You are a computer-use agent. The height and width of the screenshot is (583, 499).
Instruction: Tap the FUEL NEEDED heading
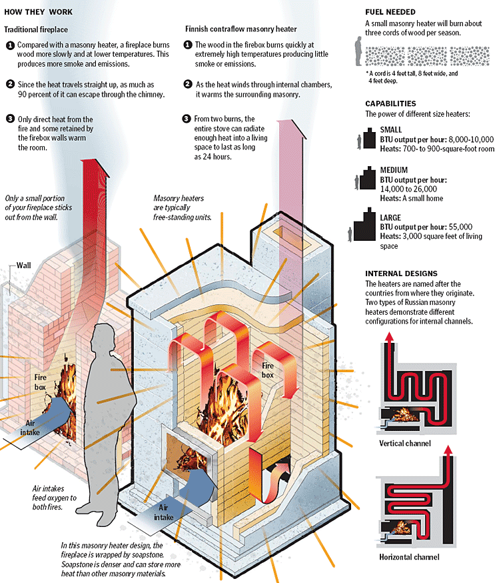(390, 12)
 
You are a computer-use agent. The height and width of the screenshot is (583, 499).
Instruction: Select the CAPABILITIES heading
(390, 104)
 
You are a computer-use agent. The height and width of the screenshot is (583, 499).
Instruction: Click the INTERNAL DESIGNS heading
(401, 273)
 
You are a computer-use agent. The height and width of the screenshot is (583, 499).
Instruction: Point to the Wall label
(24, 265)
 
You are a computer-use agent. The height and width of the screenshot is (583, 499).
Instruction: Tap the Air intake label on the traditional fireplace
(33, 428)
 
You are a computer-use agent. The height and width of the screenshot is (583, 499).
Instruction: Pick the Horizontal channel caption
(408, 557)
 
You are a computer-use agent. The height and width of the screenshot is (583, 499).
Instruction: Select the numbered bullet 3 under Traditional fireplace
(9, 119)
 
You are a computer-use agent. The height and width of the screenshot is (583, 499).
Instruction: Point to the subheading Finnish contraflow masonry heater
(241, 29)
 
